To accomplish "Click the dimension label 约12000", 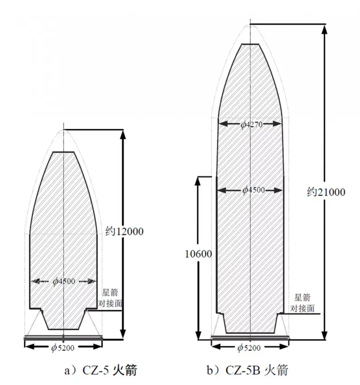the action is [x=124, y=231].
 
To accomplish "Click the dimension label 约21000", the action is [x=326, y=192].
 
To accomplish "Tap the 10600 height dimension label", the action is [x=198, y=254].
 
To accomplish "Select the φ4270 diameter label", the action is [x=252, y=125].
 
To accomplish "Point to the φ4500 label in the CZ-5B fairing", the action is [x=254, y=190].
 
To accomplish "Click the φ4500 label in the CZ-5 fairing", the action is [x=64, y=281].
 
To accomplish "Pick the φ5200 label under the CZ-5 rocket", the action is [x=63, y=347].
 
